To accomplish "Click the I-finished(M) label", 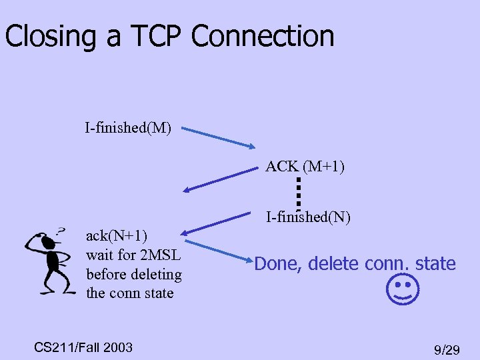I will point(127,127).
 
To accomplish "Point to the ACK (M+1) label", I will point(305,166).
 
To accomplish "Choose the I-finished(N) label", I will point(308,217).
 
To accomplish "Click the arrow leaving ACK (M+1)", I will point(220,179).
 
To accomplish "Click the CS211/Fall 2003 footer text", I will point(83,347).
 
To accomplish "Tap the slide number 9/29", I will point(447,349).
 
